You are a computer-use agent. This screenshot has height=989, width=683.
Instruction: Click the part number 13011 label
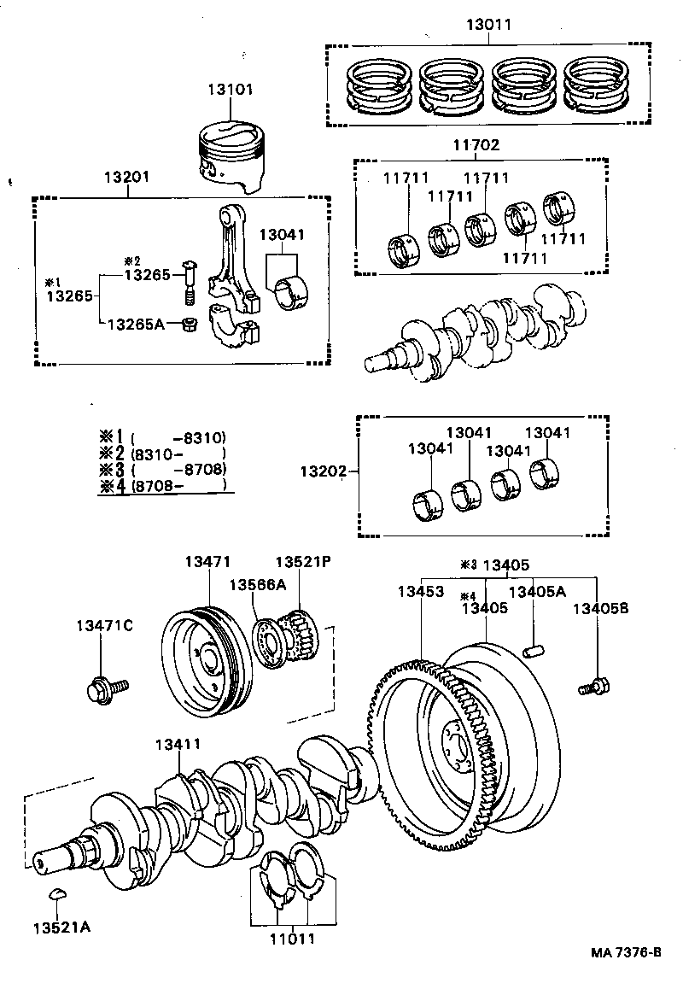[x=488, y=25]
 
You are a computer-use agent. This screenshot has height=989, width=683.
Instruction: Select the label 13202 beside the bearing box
[x=324, y=471]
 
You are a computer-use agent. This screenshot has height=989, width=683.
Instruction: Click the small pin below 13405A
[x=534, y=652]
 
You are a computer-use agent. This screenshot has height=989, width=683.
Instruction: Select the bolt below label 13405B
[x=594, y=685]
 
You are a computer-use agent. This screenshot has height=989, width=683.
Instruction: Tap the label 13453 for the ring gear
[x=420, y=591]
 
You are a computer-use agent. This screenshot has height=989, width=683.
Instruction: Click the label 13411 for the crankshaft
[x=178, y=745]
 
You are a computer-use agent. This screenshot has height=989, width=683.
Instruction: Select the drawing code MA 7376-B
[x=623, y=952]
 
